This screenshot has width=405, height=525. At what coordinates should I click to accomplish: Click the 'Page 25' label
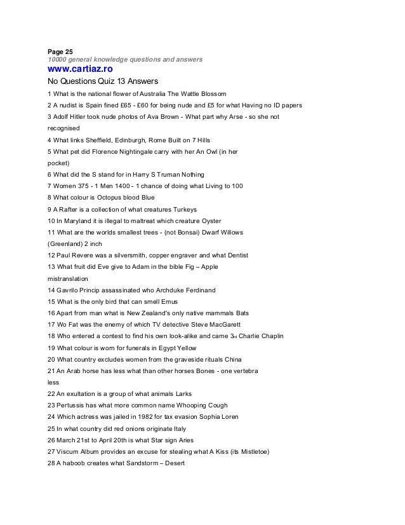coord(60,51)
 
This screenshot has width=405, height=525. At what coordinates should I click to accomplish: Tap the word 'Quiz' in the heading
coord(108,81)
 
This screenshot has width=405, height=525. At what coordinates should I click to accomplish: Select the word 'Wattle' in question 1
coord(192,93)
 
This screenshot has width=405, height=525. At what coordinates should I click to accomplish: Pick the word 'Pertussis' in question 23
coord(73,406)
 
